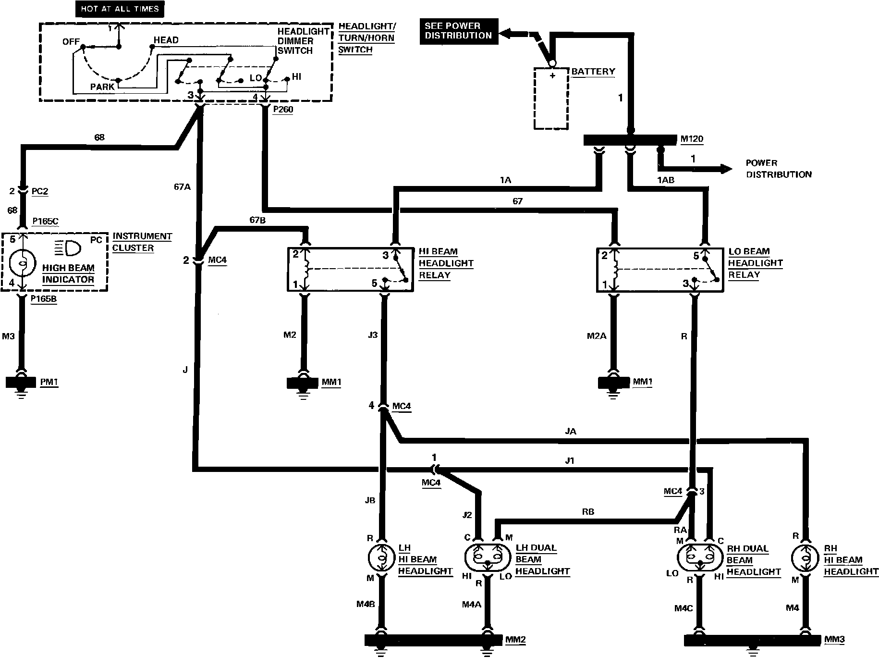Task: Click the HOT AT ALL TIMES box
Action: [120, 9]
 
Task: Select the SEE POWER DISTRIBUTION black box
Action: [459, 31]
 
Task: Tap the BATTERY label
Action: [593, 72]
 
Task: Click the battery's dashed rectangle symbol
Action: [551, 99]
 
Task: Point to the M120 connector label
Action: [692, 139]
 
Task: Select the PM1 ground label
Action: [49, 382]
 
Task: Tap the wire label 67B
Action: [258, 220]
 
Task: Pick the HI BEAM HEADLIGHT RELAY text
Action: [446, 263]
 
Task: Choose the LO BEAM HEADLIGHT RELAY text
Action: [755, 263]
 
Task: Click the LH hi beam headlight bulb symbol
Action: [381, 558]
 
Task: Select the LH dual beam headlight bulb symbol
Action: [487, 558]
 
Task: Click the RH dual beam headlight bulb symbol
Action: [699, 558]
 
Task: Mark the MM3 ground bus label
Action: [835, 640]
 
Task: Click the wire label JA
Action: [571, 432]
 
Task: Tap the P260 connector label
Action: [283, 110]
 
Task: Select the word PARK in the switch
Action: [102, 87]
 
